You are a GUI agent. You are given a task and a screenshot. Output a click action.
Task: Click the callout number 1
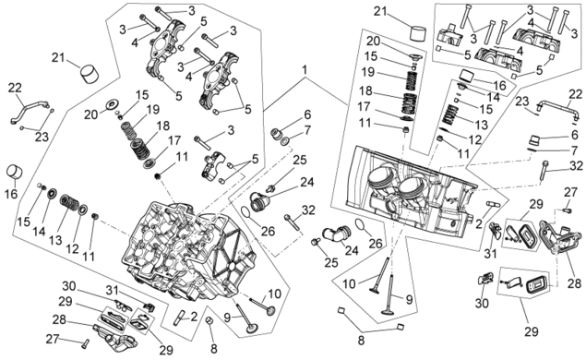305,70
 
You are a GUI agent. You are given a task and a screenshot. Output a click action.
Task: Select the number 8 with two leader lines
361,342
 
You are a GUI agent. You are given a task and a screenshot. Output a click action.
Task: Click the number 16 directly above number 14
500,85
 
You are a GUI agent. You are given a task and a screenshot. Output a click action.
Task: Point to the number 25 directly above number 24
300,160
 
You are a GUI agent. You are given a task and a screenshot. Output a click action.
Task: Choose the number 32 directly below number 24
308,210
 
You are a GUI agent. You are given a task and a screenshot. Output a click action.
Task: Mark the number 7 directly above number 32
575,151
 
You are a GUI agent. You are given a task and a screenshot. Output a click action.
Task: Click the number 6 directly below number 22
575,135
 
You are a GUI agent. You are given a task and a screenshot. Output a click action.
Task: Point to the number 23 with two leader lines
42,137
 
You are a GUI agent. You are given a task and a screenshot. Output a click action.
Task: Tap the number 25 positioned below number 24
331,262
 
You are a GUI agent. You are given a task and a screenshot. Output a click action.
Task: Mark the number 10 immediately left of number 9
350,283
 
